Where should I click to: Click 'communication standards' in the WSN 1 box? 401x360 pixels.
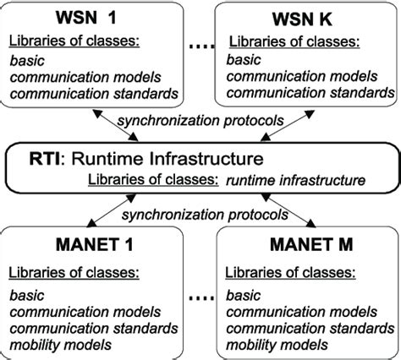point(96,92)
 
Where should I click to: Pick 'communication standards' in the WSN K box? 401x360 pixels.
point(313,92)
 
